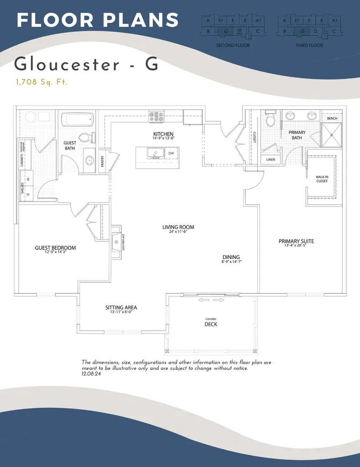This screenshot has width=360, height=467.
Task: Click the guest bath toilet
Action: pos(84,136)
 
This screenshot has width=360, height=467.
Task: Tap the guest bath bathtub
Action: pos(77,120)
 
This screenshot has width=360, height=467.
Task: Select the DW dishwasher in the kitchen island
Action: pos(171,154)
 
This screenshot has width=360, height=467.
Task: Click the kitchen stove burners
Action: pos(156,116)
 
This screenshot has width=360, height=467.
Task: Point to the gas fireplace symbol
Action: pos(116,242)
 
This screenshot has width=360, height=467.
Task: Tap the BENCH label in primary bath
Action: pos(332,119)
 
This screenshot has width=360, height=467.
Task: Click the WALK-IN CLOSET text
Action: pos(322,179)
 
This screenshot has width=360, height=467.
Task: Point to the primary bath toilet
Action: pos(271,119)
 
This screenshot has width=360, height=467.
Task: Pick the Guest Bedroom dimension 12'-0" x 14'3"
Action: pos(55,253)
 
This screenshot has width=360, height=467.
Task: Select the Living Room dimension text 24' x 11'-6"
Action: pos(178,232)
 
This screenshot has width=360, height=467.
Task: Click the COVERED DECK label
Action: pos(211,322)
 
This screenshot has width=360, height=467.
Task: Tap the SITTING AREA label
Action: pos(121,308)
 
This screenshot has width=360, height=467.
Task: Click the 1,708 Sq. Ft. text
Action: pos(41,83)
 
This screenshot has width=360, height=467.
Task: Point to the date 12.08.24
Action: pos(91,374)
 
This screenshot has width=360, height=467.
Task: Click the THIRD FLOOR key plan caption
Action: pos(309,46)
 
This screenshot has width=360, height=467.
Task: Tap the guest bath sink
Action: pos(89,161)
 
